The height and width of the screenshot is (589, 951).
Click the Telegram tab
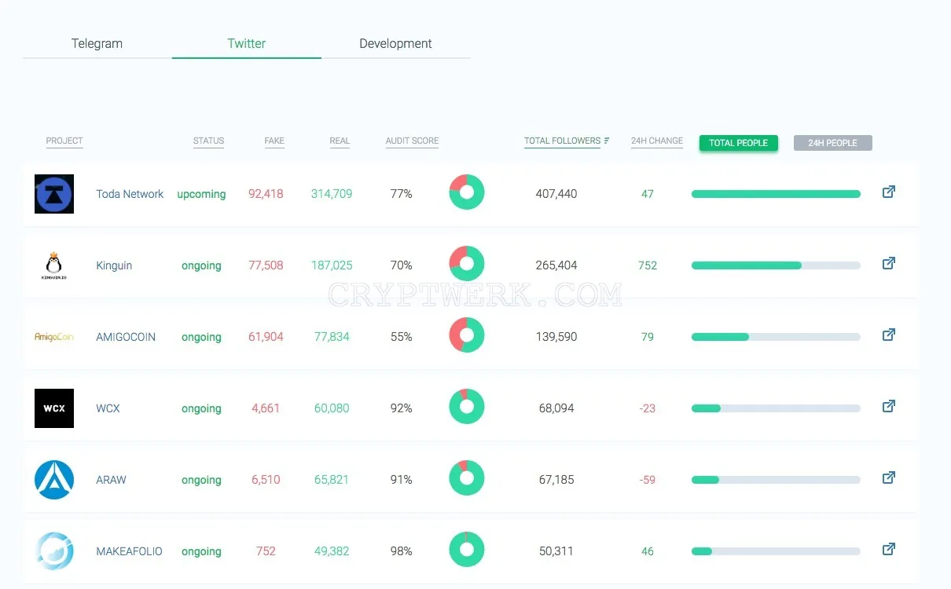pos(97,43)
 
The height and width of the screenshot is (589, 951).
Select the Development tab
pos(395,43)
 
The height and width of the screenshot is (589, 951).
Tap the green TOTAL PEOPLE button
pos(738,143)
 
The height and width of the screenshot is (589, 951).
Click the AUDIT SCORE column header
pos(412,141)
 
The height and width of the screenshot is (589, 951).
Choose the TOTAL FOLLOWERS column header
pos(562,141)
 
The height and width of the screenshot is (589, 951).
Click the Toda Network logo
pos(54,194)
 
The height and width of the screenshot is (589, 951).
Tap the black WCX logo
pos(54,408)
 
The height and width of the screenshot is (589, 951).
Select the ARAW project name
pos(111,480)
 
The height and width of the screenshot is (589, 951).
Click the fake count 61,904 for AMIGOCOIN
pos(266,337)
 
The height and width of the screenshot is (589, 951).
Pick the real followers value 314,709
pos(332,194)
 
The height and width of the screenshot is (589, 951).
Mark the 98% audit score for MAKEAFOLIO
pos(401,551)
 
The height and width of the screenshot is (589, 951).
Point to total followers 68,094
pos(556,408)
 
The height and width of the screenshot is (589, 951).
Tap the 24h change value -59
pos(647,480)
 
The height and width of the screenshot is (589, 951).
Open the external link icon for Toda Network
pos(889,192)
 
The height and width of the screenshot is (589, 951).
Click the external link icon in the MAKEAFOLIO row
pos(889,549)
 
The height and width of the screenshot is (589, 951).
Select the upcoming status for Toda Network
pos(201,194)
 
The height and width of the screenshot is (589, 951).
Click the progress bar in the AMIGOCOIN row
pos(776,337)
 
